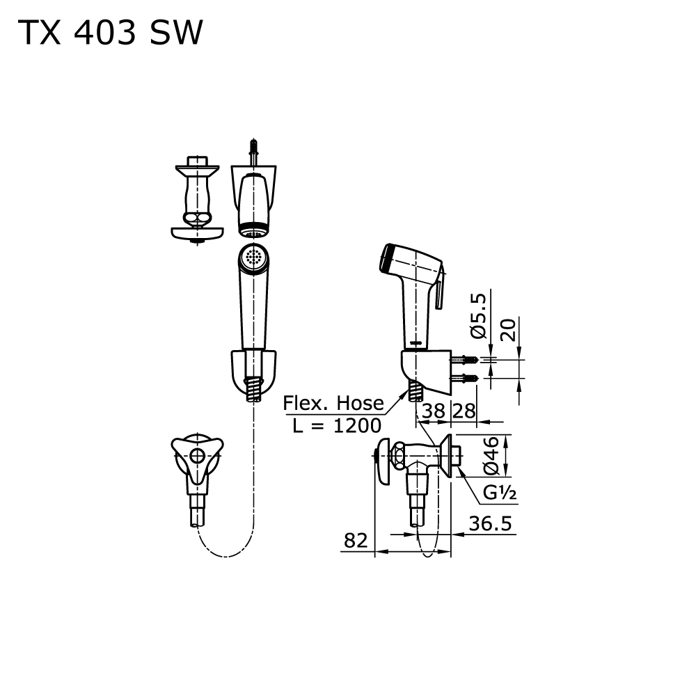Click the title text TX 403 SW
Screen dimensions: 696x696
pos(110,33)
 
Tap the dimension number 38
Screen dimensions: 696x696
pos(433,411)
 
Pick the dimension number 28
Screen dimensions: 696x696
pos(464,411)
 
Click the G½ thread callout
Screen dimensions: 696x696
pos(499,493)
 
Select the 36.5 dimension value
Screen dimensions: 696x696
pos(491,523)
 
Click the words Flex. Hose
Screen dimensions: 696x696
pos(333,403)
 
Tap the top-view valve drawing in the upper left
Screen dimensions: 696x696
pos(198,202)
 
